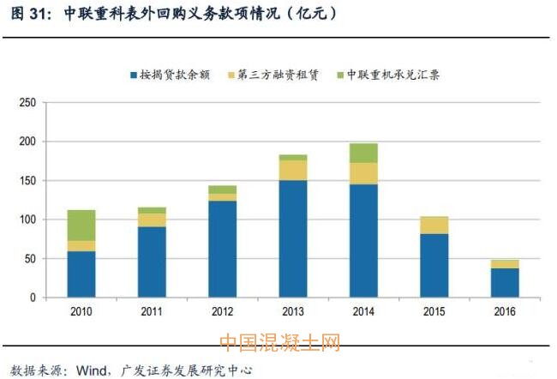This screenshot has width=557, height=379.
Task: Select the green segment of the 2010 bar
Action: [x=82, y=225]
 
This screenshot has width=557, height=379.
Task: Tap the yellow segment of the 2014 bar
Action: [x=362, y=173]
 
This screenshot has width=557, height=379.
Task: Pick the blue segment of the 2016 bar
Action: [x=504, y=282]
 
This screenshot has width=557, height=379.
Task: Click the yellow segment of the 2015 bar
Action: [x=434, y=225]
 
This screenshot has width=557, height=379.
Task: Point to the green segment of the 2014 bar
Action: [x=362, y=153]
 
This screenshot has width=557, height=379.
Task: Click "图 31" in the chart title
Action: [x=26, y=14]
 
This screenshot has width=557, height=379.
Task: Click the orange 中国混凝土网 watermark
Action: [x=280, y=343]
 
